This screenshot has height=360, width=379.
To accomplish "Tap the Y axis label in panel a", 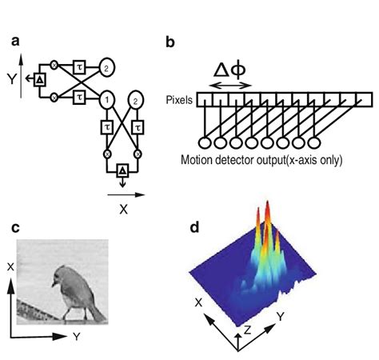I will (x=10, y=80).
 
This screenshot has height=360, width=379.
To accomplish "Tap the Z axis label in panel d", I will (x=249, y=329).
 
